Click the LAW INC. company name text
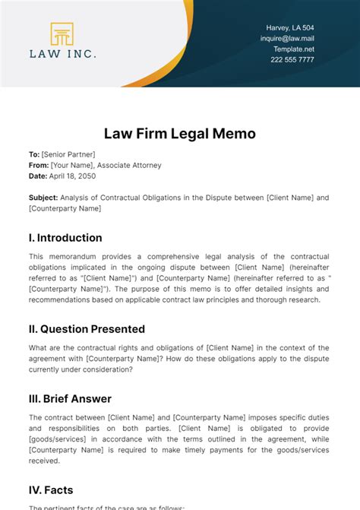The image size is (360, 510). point(62,54)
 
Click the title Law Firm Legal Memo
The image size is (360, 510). point(179,134)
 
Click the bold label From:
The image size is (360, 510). point(38,165)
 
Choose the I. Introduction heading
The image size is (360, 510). point(65,237)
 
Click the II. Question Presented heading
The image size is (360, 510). point(87,329)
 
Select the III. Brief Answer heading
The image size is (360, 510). point(70,398)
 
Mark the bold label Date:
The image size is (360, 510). point(38,176)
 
